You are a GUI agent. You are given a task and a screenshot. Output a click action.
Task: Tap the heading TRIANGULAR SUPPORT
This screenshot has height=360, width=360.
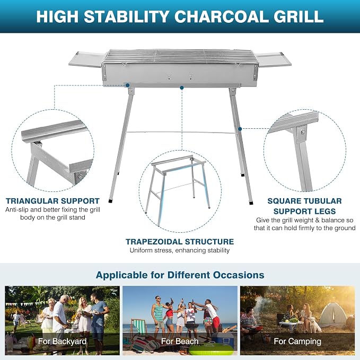click(x=53, y=201)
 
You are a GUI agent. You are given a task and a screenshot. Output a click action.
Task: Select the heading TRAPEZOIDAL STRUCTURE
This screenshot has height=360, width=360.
click(x=180, y=242)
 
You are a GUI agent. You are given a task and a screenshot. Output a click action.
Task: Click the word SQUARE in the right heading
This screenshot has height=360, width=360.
click(x=283, y=201)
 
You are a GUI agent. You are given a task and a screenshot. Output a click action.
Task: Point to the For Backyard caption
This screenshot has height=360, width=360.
click(x=62, y=341)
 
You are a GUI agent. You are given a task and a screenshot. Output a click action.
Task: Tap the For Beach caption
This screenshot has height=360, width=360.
click(x=180, y=341)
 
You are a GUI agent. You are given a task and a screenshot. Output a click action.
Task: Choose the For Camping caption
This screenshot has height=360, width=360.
click(x=297, y=341)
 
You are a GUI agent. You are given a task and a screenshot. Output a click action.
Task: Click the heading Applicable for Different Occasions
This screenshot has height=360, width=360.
click(x=180, y=275)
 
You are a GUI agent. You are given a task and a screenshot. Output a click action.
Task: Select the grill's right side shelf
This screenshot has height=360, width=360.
click(x=273, y=59)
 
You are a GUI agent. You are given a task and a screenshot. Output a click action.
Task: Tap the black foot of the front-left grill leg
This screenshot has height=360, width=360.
click(x=111, y=200)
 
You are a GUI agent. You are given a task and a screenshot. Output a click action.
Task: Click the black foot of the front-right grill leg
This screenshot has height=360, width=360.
click(x=251, y=203)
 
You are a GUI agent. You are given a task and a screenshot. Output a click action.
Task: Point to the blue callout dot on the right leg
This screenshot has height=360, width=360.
click(x=240, y=129)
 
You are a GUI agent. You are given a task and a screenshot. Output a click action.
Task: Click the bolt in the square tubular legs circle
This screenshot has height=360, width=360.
click(x=303, y=131)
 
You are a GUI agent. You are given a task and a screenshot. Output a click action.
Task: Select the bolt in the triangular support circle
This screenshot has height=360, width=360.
click(x=80, y=177)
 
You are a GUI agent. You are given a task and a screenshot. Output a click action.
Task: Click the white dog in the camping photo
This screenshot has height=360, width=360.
click(x=316, y=324)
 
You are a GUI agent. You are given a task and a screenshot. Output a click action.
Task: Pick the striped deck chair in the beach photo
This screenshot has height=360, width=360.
click(x=139, y=328)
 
